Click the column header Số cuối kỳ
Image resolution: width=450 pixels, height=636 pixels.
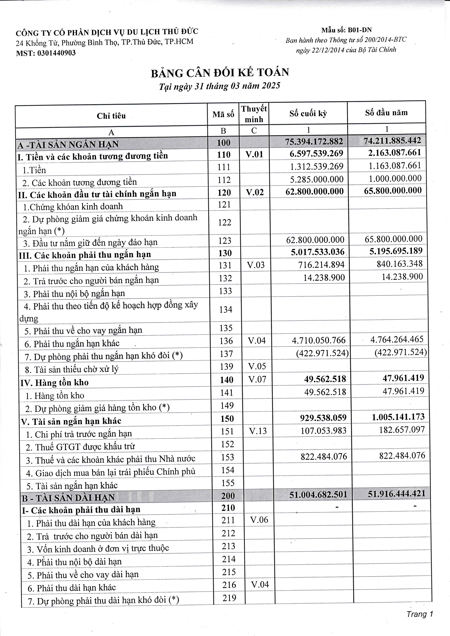click(308, 114)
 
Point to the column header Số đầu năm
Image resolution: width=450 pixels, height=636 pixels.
click(386, 113)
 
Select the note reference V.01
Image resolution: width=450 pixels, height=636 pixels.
click(254, 154)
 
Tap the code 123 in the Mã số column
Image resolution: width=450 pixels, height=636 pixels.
click(225, 241)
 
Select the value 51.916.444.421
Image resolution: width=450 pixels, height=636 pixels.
click(396, 494)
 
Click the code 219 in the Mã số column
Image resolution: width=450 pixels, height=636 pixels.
click(229, 598)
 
